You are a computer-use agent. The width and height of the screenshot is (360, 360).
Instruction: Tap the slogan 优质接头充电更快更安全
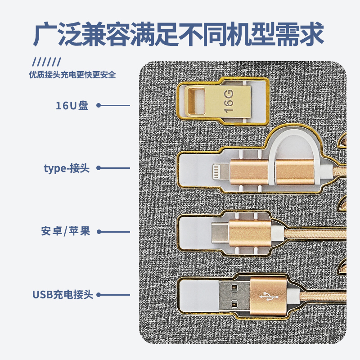pyautogui.click(x=72, y=75)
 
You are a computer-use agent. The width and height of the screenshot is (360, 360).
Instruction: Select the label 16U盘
pyautogui.click(x=72, y=106)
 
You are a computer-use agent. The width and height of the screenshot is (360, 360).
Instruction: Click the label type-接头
pyautogui.click(x=67, y=169)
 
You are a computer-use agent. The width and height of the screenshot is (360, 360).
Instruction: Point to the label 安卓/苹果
pyautogui.click(x=66, y=232)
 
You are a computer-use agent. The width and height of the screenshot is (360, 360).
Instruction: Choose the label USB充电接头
pyautogui.click(x=63, y=295)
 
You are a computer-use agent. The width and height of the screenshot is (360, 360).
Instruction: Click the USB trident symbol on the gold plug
pyautogui.click(x=268, y=296)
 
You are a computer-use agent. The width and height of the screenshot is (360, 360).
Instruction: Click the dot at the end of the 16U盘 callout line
pyautogui.click(x=99, y=106)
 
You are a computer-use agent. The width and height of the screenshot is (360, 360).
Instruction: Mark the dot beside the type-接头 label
pyautogui.click(x=99, y=169)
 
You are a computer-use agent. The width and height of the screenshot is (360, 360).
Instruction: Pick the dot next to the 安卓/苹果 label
pyautogui.click(x=99, y=232)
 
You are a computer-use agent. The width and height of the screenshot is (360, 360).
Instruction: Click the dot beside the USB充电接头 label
pyautogui.click(x=99, y=295)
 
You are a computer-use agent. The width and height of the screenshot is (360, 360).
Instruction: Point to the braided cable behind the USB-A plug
pyautogui.click(x=319, y=297)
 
